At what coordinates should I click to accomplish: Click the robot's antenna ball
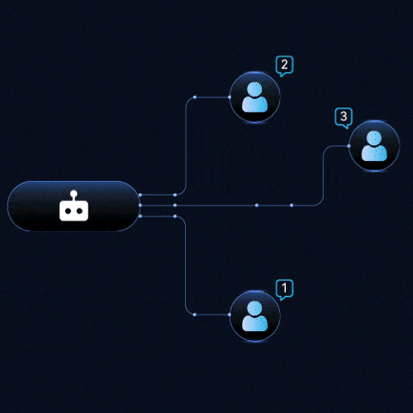point(74,193)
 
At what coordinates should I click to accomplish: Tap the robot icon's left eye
point(68,211)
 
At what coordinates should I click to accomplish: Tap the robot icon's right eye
point(80,211)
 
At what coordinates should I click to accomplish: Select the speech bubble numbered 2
point(284,66)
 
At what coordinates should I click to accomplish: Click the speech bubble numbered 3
point(344,117)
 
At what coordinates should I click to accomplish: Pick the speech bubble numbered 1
point(284,289)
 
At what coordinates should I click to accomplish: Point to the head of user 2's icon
point(254,89)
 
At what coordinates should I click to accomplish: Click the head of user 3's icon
point(374,138)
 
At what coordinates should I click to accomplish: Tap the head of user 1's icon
point(254,308)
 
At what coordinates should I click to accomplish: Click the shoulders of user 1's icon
point(254,323)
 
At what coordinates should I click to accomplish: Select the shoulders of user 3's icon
point(374,153)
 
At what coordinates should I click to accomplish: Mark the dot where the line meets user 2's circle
point(230,97)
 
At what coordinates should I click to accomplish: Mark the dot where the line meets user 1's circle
point(230,315)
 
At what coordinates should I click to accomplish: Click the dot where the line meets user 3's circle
point(349,146)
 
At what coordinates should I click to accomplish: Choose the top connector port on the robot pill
point(140,195)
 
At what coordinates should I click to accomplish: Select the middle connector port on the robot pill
point(140,206)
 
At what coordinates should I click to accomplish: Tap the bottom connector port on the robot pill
point(140,216)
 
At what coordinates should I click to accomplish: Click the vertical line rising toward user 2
point(186,146)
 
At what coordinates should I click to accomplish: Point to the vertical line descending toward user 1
point(186,265)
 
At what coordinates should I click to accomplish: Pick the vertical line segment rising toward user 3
point(323,176)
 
